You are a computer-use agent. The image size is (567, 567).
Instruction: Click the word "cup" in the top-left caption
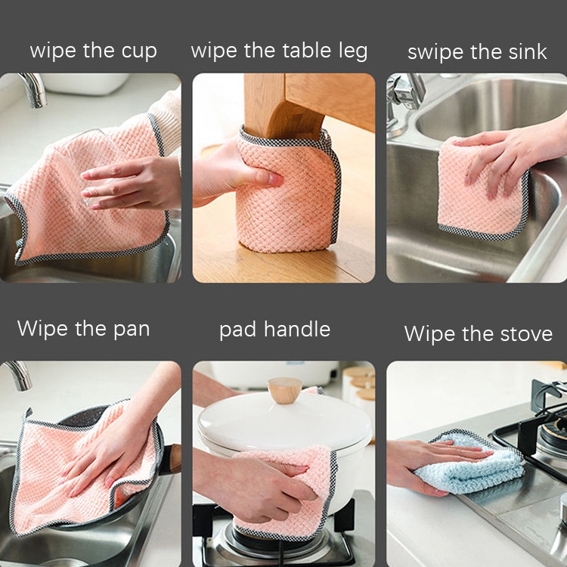[139, 51]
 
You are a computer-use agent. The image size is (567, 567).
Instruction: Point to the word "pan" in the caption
[132, 330]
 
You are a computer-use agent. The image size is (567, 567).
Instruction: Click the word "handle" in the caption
[297, 329]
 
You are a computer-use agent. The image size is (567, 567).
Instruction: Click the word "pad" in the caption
[237, 330]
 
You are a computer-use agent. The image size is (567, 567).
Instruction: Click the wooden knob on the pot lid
[284, 390]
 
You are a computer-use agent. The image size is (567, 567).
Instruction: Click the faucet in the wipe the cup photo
[33, 90]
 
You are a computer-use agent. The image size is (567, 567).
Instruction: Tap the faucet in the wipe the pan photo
[18, 375]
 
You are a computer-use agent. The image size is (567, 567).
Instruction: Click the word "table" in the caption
[307, 50]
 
